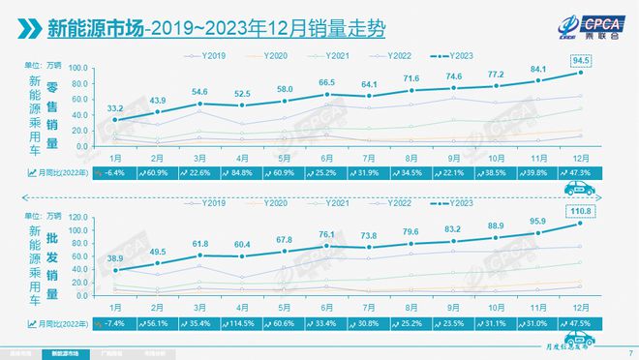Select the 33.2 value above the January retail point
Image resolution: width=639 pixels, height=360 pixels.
116,107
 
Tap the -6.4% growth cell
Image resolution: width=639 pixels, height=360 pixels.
116,172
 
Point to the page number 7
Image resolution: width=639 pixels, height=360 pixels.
630,352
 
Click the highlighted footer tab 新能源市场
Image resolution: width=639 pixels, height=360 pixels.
65,353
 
